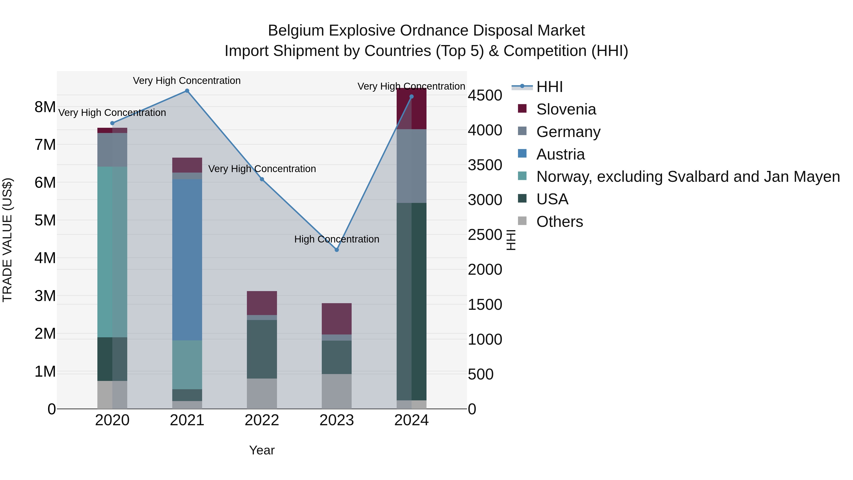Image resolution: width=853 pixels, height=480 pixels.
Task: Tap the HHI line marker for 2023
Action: coord(337,250)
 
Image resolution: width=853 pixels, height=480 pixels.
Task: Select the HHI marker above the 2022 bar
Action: coord(262,179)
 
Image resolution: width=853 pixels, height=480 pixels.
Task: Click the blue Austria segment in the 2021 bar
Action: coord(187,260)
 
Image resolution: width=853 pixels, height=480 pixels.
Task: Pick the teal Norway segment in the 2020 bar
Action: coord(112,252)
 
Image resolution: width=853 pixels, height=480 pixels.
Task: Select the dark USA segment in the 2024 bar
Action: coord(412,302)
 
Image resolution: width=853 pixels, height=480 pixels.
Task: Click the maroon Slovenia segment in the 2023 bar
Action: coord(337,319)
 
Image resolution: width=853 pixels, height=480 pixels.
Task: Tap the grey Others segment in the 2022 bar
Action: coord(262,393)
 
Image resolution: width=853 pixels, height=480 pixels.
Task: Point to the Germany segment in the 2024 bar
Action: coord(412,166)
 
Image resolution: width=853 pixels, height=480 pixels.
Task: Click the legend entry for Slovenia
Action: coord(566,109)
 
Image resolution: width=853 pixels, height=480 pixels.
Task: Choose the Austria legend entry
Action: coord(560,154)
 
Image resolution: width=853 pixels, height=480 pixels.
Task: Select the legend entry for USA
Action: coord(552,199)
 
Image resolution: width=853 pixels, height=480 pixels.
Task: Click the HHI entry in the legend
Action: coord(549,87)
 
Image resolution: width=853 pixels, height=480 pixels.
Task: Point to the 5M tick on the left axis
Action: coord(45,220)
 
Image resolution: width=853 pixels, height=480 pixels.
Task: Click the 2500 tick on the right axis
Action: coord(485,235)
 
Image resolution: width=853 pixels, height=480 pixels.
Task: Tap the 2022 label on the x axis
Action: coord(262,420)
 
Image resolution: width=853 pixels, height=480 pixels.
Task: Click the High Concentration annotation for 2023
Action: coord(336,239)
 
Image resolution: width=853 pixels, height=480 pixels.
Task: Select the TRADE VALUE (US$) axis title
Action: coord(7,240)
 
